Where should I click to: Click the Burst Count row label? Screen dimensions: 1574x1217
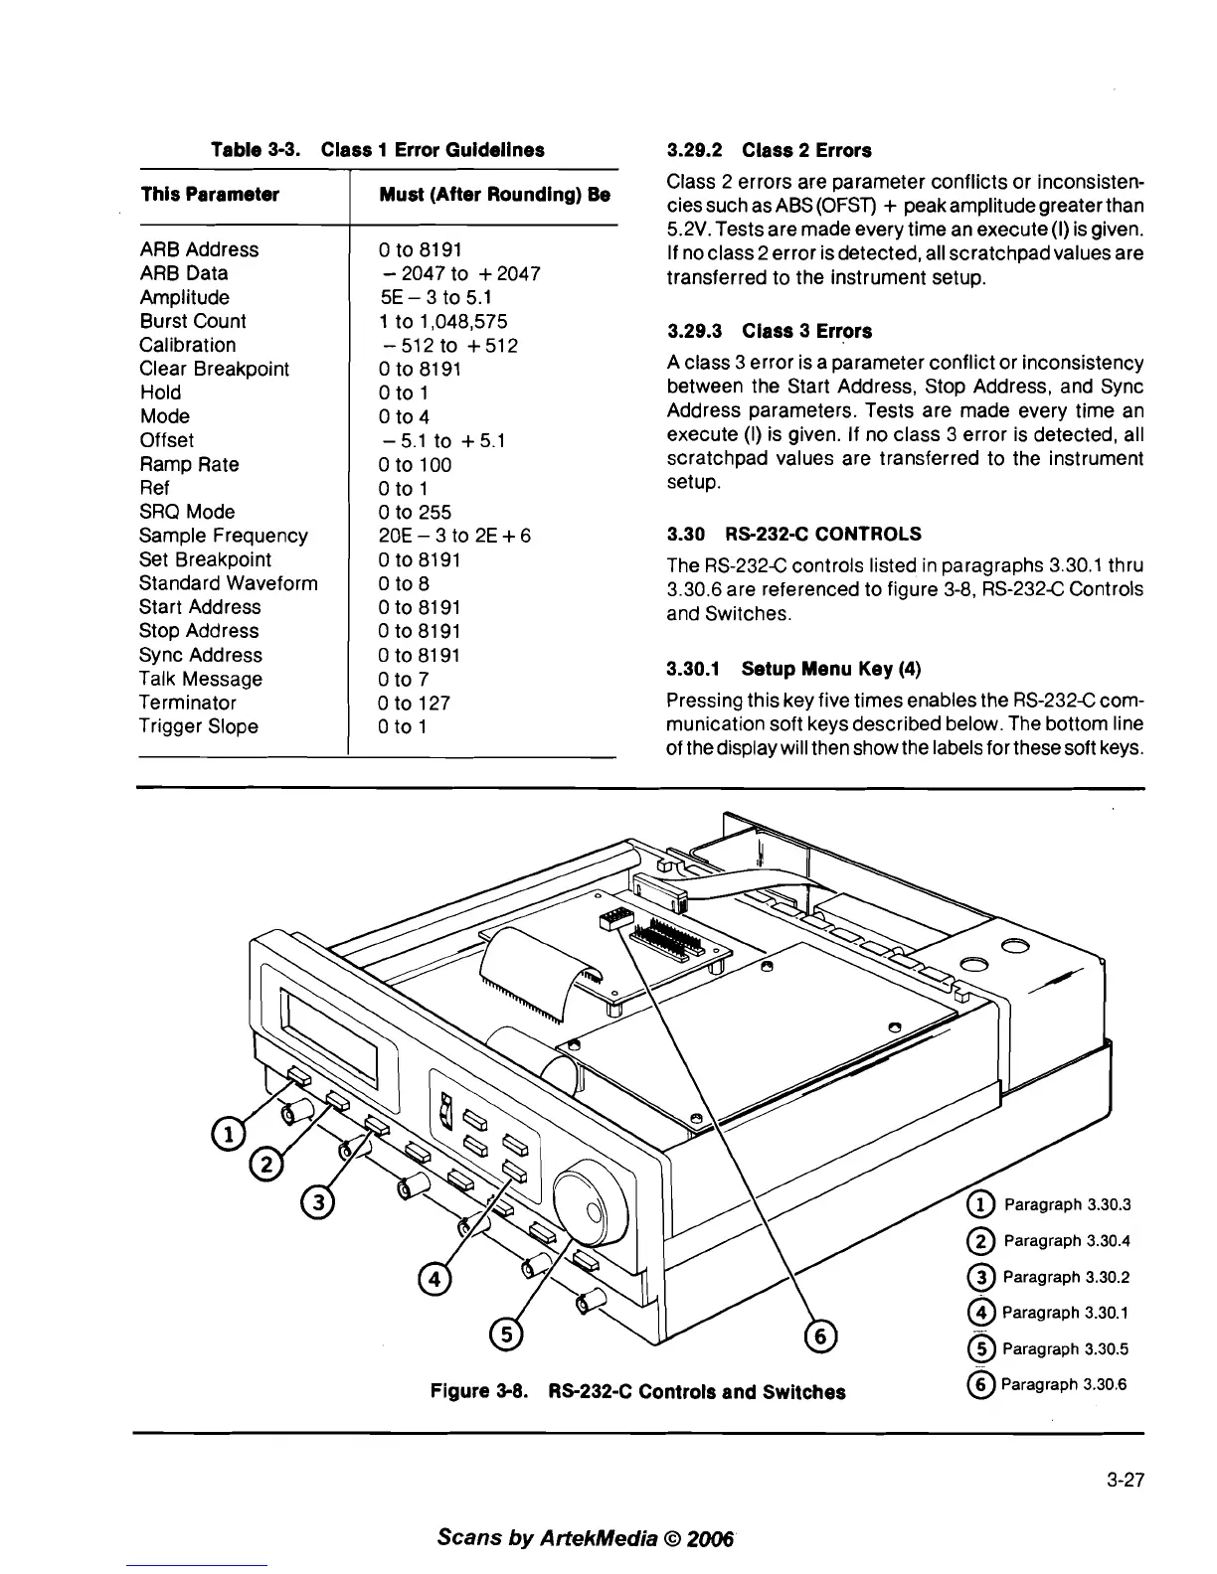(x=193, y=321)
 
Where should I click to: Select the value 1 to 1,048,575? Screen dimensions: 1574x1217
(x=443, y=321)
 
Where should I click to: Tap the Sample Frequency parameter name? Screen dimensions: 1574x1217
(x=224, y=536)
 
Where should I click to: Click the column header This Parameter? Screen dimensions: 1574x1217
(x=210, y=194)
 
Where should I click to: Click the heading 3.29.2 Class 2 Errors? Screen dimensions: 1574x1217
(x=769, y=150)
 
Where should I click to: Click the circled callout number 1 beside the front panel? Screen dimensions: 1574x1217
(x=227, y=1132)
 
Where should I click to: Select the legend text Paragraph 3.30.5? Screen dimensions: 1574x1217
(x=1066, y=1348)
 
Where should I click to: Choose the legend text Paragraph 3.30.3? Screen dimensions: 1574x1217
(x=1067, y=1205)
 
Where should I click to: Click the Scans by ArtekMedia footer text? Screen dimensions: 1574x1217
(x=585, y=1539)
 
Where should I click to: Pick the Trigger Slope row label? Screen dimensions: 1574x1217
(x=199, y=726)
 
